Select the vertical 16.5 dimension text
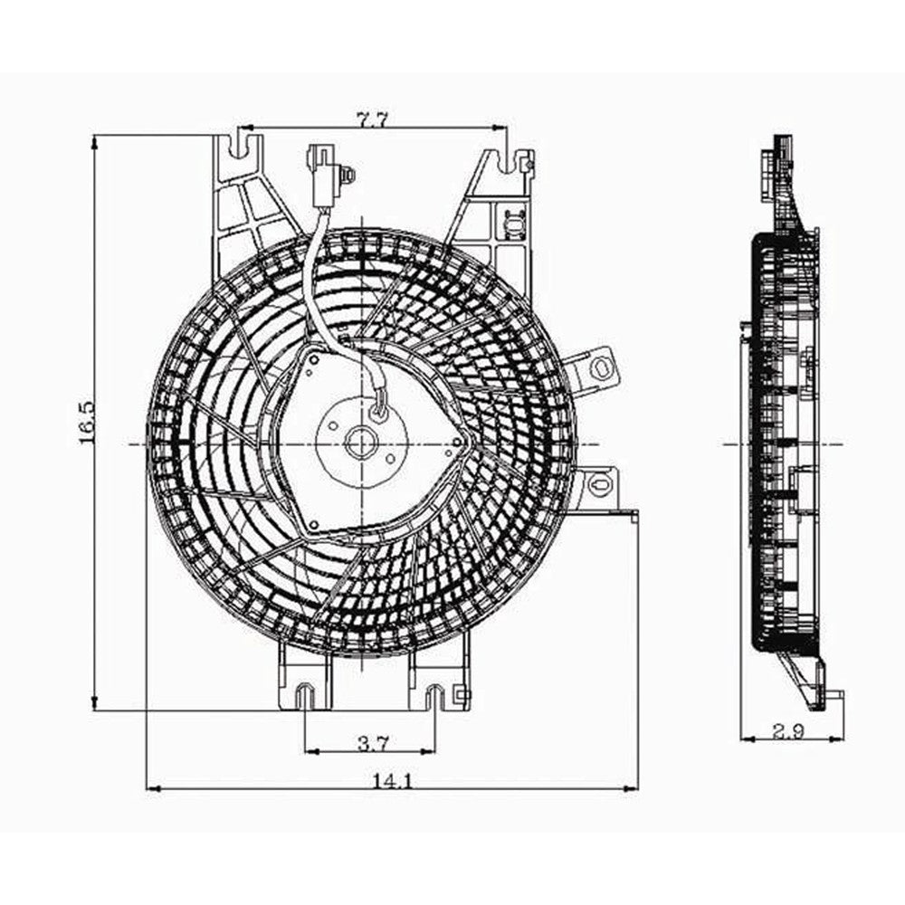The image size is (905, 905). (x=87, y=424)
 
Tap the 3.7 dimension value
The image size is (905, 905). (x=372, y=744)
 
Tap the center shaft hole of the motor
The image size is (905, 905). (x=361, y=443)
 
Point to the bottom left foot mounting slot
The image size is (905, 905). (x=306, y=695)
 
